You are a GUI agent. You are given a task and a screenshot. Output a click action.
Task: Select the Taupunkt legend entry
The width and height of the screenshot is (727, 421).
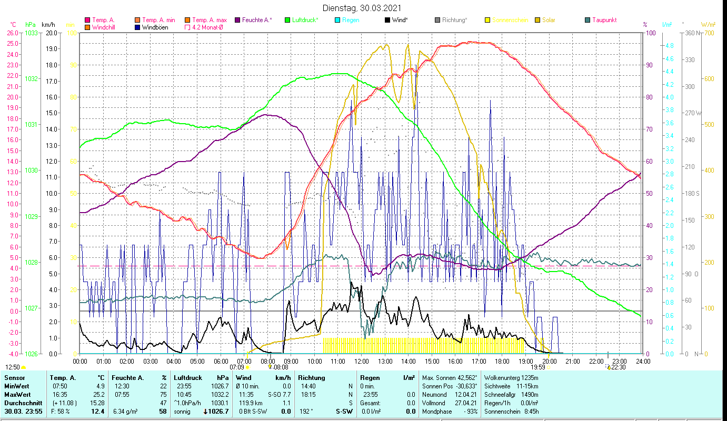[604, 20]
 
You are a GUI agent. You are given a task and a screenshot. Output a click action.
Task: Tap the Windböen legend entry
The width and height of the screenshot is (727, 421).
[152, 27]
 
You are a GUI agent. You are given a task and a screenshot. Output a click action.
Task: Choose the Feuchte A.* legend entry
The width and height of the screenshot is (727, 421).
[257, 20]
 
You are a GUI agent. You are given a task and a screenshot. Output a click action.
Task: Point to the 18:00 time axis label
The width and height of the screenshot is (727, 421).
[502, 361]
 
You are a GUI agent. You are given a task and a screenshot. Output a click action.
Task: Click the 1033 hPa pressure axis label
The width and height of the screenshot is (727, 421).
[31, 33]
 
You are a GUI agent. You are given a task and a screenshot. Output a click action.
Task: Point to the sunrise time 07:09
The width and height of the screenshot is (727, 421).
[237, 367]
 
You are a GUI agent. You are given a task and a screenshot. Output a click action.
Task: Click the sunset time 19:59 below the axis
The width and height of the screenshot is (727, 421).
[537, 367]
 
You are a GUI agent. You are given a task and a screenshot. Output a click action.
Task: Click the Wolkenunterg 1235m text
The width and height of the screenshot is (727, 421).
[511, 377]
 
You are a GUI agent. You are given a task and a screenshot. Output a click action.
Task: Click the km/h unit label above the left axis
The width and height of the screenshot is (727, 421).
[48, 25]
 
